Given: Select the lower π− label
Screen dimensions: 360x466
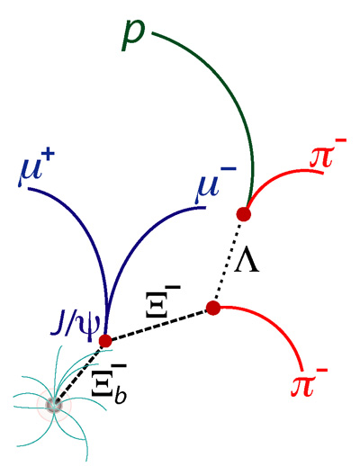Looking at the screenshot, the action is tap(309, 383).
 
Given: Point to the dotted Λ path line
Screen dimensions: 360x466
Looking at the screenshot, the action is tap(229, 260).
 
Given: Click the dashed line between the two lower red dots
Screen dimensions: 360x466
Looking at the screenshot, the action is tap(159, 325).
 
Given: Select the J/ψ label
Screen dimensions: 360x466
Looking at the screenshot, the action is tap(76, 327).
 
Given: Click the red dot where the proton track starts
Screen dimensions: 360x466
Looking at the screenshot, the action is tap(243, 214).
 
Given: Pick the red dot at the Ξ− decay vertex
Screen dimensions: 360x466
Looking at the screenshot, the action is tap(213, 308).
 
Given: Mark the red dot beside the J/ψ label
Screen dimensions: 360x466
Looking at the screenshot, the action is tap(105, 341).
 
